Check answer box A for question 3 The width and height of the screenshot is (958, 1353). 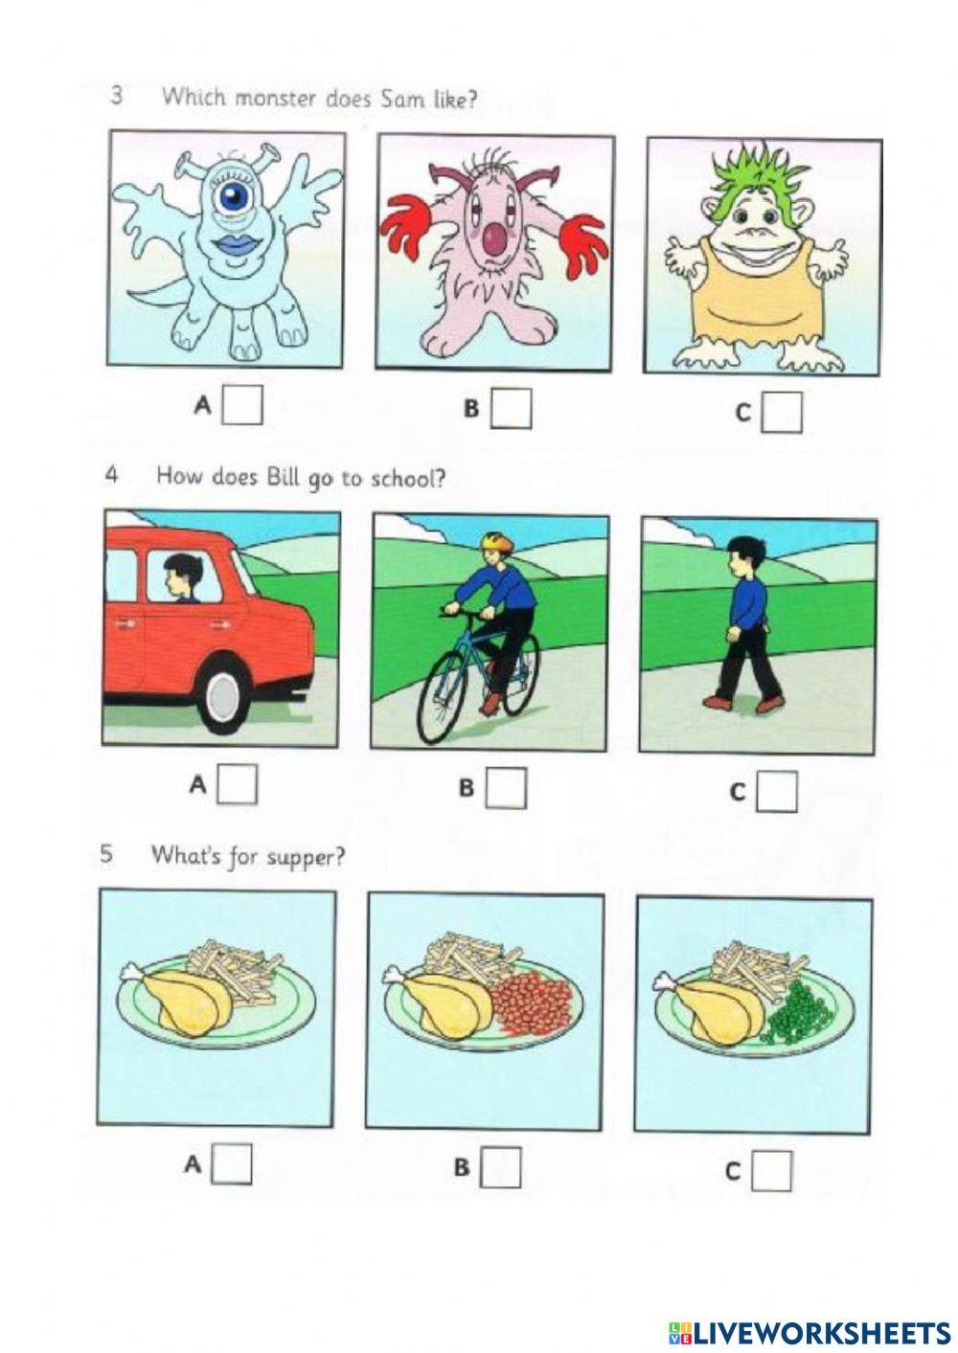point(242,405)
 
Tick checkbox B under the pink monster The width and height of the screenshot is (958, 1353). point(511,408)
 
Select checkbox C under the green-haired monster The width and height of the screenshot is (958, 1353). point(782,412)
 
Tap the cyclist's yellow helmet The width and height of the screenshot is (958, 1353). point(492,540)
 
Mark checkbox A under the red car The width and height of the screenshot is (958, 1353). point(237,784)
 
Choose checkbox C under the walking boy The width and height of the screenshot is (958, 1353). point(776,791)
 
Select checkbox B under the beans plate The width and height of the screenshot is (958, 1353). point(500,1166)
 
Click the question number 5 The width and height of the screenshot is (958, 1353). point(106,854)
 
